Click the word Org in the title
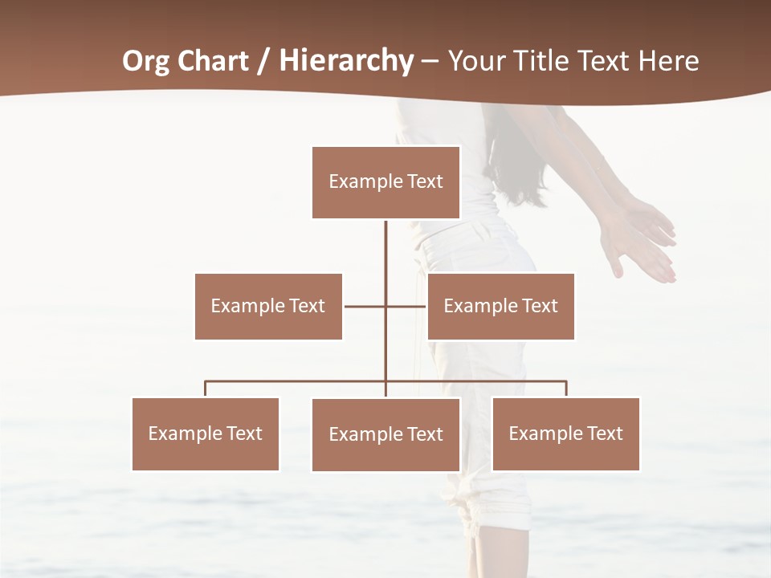148,61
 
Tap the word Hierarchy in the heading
346,61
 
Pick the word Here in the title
668,61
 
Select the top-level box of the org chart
385,182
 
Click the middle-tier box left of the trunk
268,306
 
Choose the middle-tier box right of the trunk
500,306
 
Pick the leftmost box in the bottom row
206,433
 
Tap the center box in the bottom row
385,434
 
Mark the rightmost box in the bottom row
565,433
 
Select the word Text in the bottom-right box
604,433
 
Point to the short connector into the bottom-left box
206,389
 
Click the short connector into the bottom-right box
566,389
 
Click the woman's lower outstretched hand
642,257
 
